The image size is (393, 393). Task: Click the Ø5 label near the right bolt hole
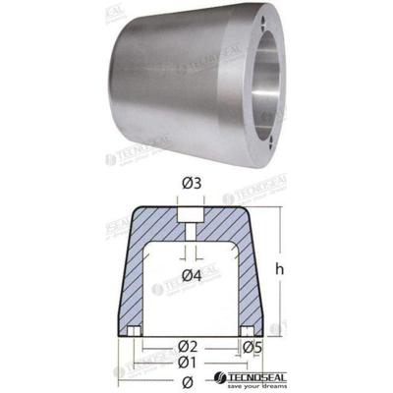click(x=252, y=346)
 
